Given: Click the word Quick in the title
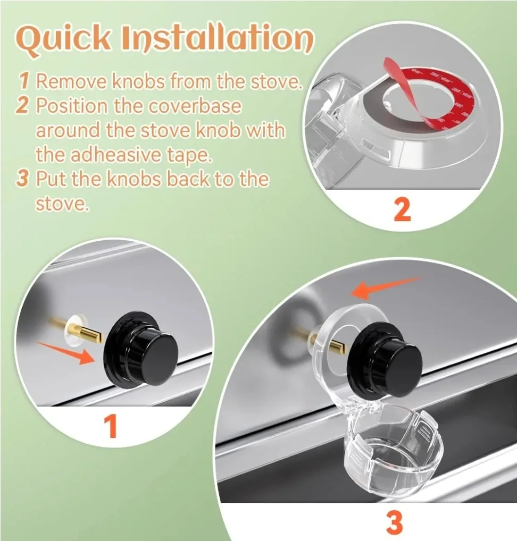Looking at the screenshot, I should click(63, 38).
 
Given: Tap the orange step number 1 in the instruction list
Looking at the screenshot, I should click(24, 82).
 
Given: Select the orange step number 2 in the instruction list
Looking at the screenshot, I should click(22, 106).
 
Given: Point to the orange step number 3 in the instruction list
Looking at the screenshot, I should click(22, 179).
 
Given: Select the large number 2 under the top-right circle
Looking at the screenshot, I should click(402, 210).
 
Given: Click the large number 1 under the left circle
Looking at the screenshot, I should click(110, 426).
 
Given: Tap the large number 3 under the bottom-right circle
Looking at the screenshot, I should click(394, 522).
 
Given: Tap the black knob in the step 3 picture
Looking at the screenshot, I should click(389, 362).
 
